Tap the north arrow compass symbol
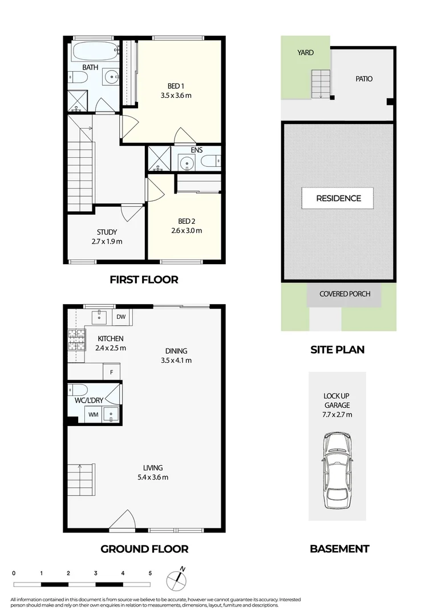pyautogui.click(x=177, y=579)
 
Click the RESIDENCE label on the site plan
pyautogui.click(x=338, y=198)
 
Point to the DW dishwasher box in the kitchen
pyautogui.click(x=121, y=317)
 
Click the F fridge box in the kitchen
pyautogui.click(x=111, y=373)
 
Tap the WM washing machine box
pyautogui.click(x=93, y=415)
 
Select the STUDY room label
pyautogui.click(x=107, y=232)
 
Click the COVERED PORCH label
pyautogui.click(x=344, y=294)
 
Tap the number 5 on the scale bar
pyautogui.click(x=150, y=573)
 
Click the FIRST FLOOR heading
pyautogui.click(x=144, y=280)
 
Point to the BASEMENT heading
pyautogui.click(x=339, y=549)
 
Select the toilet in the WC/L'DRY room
pyautogui.click(x=78, y=390)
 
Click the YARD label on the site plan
pyautogui.click(x=305, y=52)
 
